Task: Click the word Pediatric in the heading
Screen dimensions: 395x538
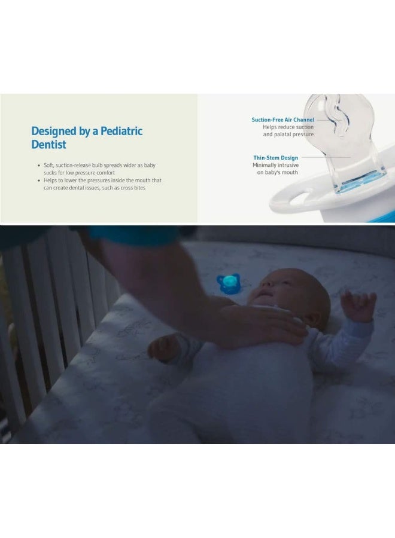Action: click(x=121, y=131)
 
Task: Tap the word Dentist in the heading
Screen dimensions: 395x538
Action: click(x=48, y=145)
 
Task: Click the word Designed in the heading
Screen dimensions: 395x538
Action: click(x=54, y=132)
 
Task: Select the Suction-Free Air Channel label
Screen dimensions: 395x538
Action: click(x=282, y=120)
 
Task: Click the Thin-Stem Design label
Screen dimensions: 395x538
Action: click(x=275, y=158)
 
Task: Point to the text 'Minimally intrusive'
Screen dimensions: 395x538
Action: click(x=275, y=165)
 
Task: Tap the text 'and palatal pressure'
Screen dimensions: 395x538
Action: click(x=288, y=134)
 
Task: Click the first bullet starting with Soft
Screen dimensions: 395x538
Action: click(x=99, y=169)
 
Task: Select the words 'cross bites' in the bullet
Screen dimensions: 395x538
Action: click(x=133, y=188)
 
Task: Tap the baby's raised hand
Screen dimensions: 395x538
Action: click(x=360, y=305)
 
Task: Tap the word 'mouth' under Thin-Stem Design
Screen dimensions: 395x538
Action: click(x=290, y=173)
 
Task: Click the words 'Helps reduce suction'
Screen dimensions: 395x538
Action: click(x=288, y=127)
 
